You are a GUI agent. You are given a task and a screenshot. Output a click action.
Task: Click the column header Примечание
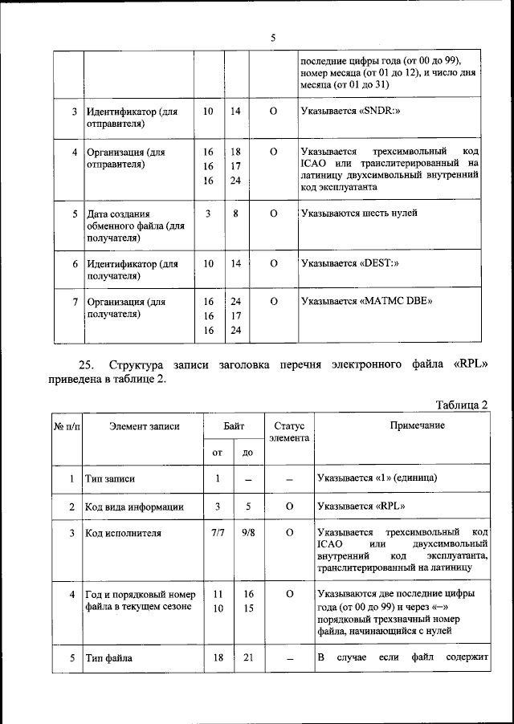point(417,425)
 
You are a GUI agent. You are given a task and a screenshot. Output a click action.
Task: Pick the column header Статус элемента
point(289,431)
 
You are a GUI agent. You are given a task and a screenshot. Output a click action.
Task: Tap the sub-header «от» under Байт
point(217,453)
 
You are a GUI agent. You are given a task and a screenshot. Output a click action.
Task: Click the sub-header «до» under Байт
point(248,453)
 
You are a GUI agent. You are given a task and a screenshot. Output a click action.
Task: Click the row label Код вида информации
point(134,506)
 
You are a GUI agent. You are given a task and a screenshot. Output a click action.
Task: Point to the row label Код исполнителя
point(123,533)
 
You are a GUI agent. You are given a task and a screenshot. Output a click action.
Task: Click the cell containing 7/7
point(217,533)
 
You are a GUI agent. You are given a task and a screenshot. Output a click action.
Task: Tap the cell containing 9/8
point(248,533)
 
